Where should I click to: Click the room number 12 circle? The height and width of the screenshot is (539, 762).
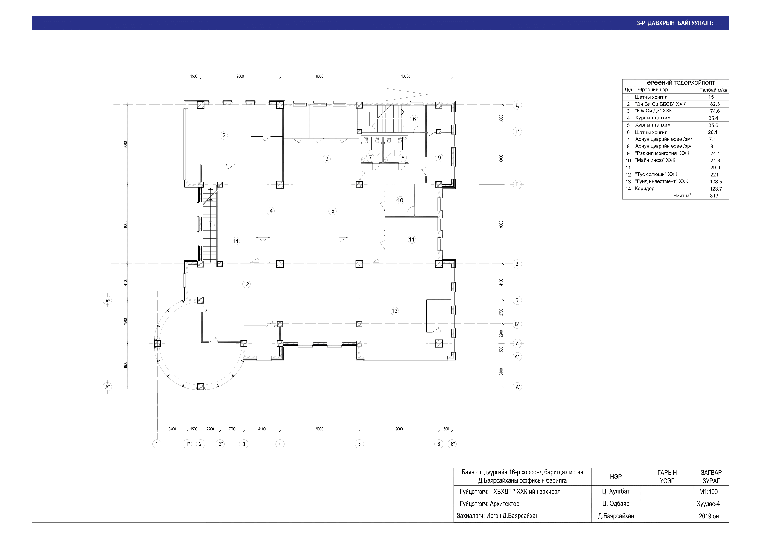click(246, 284)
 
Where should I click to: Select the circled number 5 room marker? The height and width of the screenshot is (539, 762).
click(333, 211)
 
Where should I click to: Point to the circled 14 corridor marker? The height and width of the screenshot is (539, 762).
click(236, 241)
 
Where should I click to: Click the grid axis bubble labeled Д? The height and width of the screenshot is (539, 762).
click(517, 105)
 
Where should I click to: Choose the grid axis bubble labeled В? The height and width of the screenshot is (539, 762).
click(517, 264)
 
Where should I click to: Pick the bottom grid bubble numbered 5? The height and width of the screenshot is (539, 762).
click(359, 444)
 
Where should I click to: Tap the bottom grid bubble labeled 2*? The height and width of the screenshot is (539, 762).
click(220, 444)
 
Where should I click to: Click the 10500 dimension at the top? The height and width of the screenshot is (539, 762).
click(406, 76)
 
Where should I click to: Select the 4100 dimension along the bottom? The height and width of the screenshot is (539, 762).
click(262, 429)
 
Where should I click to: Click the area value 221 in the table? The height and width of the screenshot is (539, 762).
click(715, 175)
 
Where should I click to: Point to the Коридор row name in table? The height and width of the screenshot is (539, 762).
click(645, 189)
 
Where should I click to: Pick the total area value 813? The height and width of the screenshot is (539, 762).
click(714, 196)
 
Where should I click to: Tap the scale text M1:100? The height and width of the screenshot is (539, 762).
click(708, 492)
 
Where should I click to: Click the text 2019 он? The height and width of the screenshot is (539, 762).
click(709, 516)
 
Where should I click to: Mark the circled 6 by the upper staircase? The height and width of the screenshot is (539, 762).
click(414, 119)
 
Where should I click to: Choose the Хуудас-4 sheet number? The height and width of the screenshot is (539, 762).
click(708, 504)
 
